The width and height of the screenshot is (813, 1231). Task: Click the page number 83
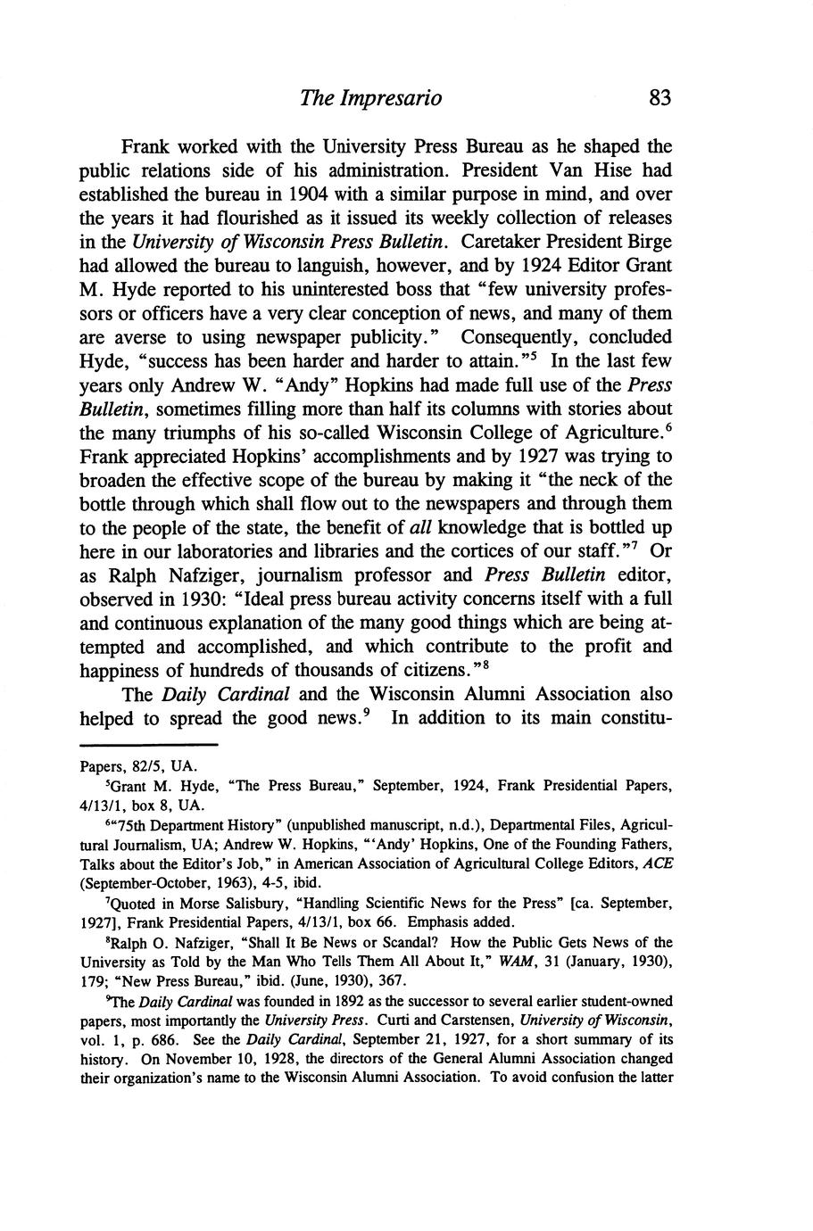660,97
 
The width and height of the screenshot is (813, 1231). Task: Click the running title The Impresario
370,97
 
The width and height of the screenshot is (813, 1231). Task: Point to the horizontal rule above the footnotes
149,746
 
